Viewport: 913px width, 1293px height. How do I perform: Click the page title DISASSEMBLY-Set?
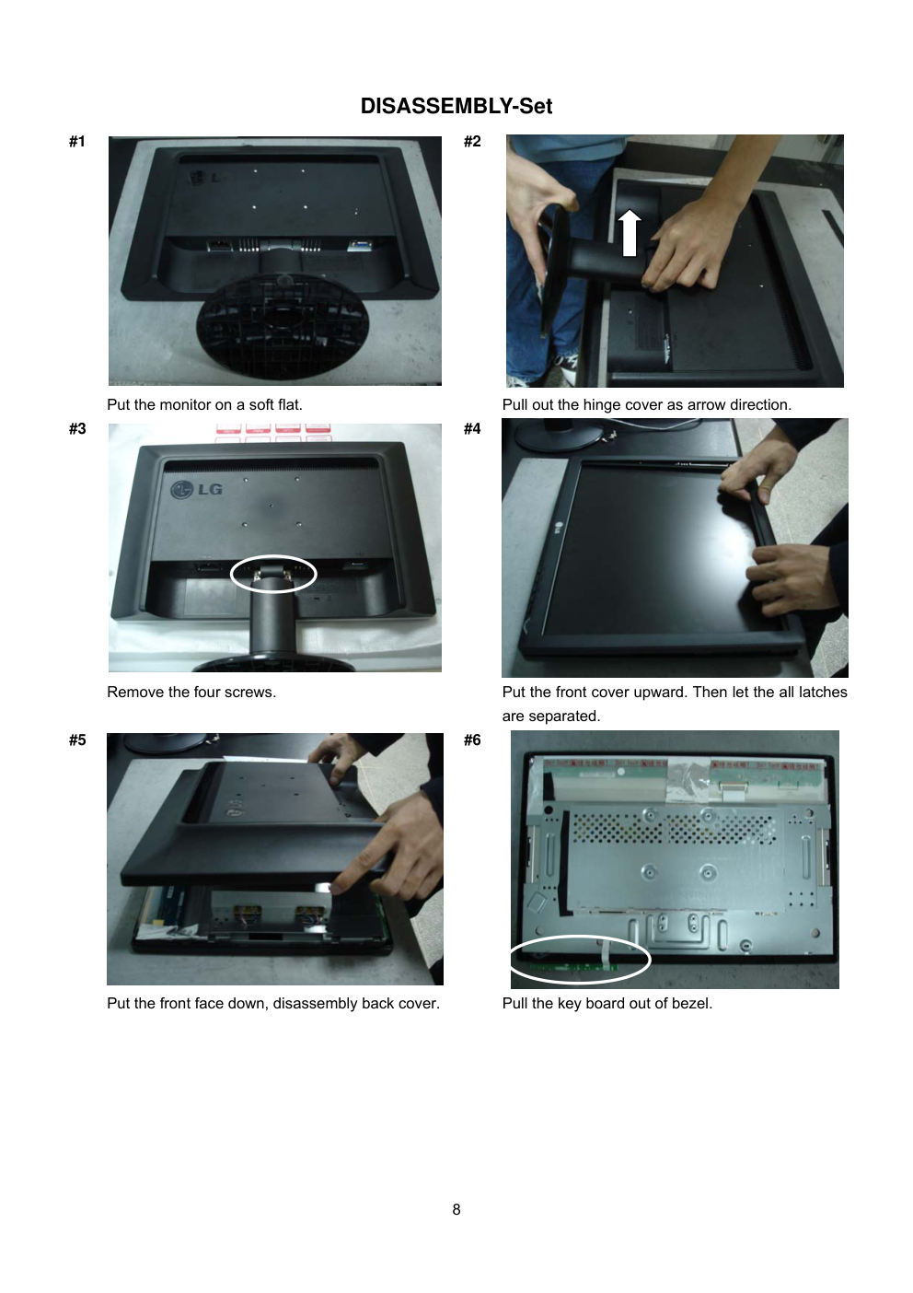tap(456, 106)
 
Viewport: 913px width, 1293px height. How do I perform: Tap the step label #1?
tap(77, 142)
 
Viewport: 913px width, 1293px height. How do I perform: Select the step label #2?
tap(472, 142)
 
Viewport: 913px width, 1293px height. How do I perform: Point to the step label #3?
tap(77, 429)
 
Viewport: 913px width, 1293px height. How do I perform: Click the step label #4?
tap(472, 429)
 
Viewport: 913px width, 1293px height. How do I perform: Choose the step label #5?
tap(77, 740)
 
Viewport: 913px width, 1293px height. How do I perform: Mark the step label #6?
tap(472, 740)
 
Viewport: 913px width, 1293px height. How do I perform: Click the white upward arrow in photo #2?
tap(630, 233)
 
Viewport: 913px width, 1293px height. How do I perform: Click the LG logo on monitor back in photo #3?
tap(196, 490)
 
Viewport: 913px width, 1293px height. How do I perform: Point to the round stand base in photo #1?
tap(283, 326)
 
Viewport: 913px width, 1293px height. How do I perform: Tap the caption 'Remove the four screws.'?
tap(191, 693)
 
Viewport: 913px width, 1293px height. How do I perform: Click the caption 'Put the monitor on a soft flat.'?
tap(204, 404)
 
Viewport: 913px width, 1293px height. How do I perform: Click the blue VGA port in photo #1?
tap(359, 245)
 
